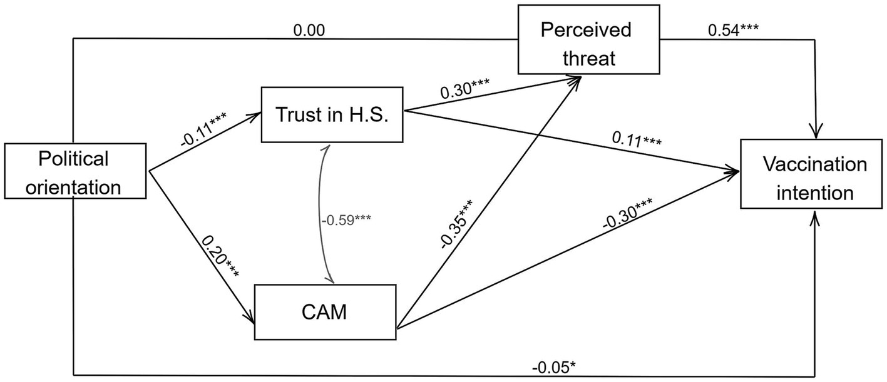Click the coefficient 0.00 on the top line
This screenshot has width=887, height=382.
pyautogui.click(x=310, y=29)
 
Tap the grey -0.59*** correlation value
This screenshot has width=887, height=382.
pyautogui.click(x=345, y=219)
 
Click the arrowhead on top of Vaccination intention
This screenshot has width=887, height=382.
pyautogui.click(x=815, y=134)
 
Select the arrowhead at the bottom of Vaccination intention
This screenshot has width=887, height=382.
pyautogui.click(x=815, y=215)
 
